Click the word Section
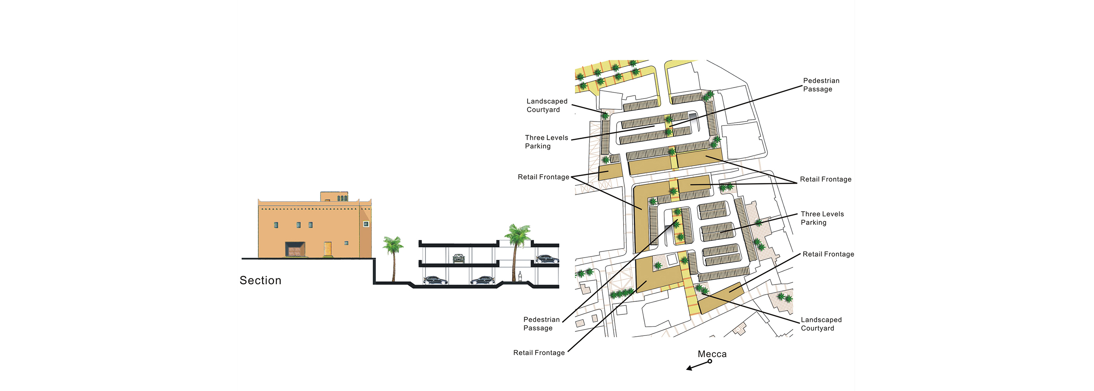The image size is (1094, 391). tap(260, 280)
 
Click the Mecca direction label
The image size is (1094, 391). tap(712, 354)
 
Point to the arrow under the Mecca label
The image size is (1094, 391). tap(699, 365)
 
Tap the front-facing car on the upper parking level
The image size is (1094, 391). tap(458, 258)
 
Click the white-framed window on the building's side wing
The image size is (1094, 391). tap(366, 224)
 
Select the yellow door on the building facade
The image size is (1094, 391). tap(327, 249)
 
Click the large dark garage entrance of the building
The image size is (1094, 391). tap(295, 249)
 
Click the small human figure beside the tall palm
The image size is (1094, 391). tap(520, 277)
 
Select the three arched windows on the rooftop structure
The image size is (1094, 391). tap(342, 198)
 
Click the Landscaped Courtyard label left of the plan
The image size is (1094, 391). tap(547, 106)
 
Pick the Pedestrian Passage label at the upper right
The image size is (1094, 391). tap(821, 85)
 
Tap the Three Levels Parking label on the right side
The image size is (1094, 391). tap(822, 219)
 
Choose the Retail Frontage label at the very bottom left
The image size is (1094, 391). tap(539, 353)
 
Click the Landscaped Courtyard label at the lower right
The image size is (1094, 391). tap(821, 324)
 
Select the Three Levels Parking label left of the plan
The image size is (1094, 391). tap(546, 142)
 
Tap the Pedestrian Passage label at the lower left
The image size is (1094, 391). tap(541, 324)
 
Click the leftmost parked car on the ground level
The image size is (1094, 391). tap(435, 280)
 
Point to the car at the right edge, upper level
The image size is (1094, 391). tap(547, 258)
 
